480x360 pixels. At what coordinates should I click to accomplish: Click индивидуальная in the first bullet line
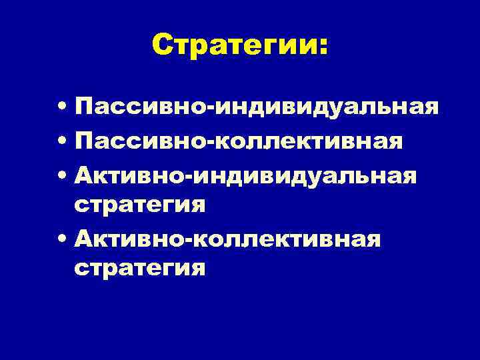click(x=327, y=107)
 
